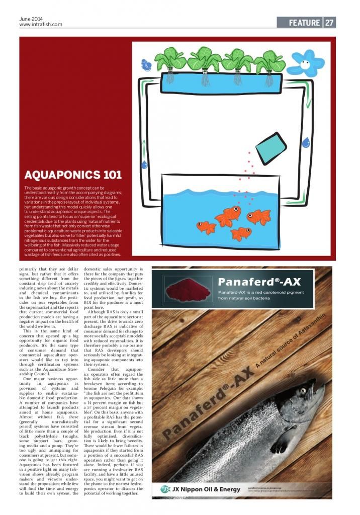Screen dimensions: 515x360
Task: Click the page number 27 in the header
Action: pyautogui.click(x=329, y=23)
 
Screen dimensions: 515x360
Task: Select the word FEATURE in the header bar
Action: pyautogui.click(x=304, y=23)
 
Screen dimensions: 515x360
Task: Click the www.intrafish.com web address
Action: pyautogui.click(x=41, y=25)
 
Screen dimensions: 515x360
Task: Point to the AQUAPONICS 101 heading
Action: pyautogui.click(x=73, y=175)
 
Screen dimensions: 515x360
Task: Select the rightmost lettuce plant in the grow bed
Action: pyautogui.click(x=269, y=62)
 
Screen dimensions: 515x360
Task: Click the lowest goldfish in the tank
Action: pyautogui.click(x=240, y=233)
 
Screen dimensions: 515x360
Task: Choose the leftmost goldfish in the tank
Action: pyautogui.click(x=206, y=227)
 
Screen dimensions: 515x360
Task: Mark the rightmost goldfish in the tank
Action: pyautogui.click(x=259, y=216)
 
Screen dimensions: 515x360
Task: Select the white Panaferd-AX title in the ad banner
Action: pyautogui.click(x=259, y=281)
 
